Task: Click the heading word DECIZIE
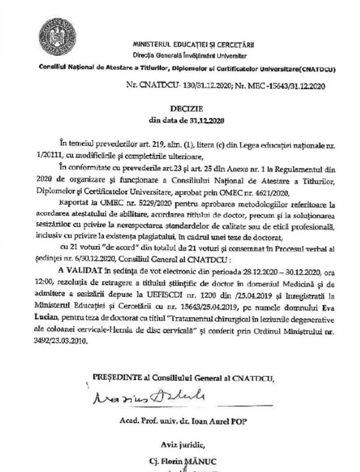[x=186, y=108]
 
